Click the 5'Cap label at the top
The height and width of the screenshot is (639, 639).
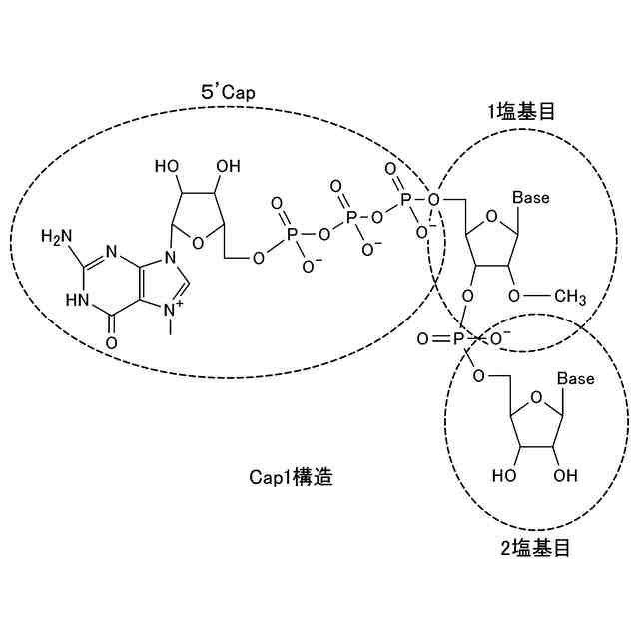pyautogui.click(x=229, y=92)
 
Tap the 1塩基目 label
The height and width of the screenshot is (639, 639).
pyautogui.click(x=520, y=112)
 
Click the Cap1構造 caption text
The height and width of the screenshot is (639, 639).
pyautogui.click(x=291, y=477)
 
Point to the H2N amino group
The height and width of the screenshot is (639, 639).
pyautogui.click(x=58, y=237)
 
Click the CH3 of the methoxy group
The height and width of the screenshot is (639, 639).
pyautogui.click(x=570, y=296)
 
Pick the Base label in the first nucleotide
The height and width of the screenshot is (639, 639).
pyautogui.click(x=531, y=198)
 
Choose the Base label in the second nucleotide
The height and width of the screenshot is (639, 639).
pyautogui.click(x=575, y=379)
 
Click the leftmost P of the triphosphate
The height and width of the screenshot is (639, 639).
pyautogui.click(x=292, y=235)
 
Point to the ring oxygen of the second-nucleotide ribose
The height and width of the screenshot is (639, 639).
pyautogui.click(x=535, y=401)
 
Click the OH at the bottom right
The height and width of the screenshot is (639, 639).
pyautogui.click(x=566, y=474)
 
